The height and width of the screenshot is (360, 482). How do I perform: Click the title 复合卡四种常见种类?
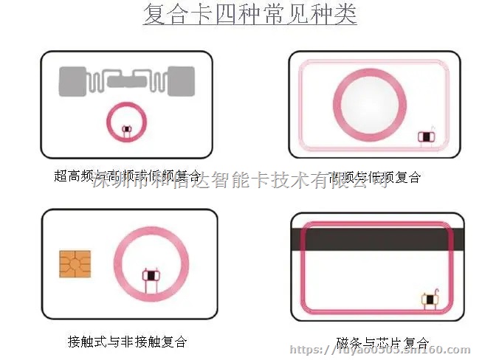coord(249,15)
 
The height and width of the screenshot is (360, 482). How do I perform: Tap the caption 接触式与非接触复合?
coord(127,342)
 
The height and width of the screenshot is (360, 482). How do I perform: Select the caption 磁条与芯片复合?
coord(382,343)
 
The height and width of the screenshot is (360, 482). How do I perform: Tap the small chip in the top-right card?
coord(425,136)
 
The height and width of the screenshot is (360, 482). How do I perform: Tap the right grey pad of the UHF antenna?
coord(182,81)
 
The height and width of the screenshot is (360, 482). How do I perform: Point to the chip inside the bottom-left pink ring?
coord(150,276)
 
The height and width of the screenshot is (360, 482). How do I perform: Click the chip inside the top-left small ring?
coord(125,131)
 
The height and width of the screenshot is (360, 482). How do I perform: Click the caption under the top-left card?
coord(127,177)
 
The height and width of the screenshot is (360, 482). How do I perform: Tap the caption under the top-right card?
coord(376,177)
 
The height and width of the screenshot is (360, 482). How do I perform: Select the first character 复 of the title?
coord(154,15)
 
